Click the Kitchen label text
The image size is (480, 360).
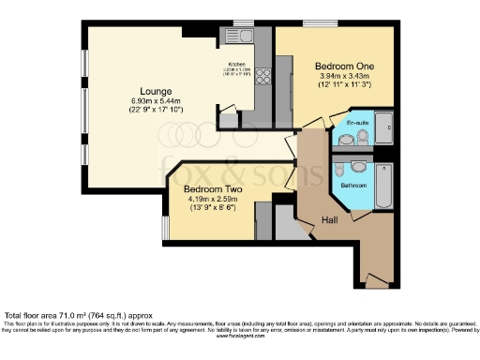pyautogui.click(x=235, y=64)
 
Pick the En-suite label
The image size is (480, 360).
pyautogui.click(x=357, y=124)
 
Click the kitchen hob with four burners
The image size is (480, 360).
pyautogui.click(x=263, y=77)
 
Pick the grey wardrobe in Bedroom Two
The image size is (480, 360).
pyautogui.click(x=264, y=225)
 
